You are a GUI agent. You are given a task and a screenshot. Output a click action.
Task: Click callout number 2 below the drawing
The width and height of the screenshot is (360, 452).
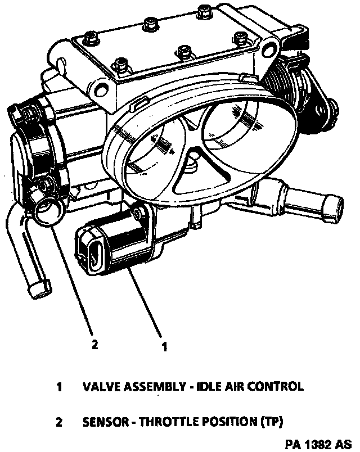[95, 344]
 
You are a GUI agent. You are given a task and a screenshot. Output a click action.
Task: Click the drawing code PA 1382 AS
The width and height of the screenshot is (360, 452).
[318, 444]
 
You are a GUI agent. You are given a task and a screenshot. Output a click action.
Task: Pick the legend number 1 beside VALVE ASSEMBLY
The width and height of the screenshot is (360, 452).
[59, 387]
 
